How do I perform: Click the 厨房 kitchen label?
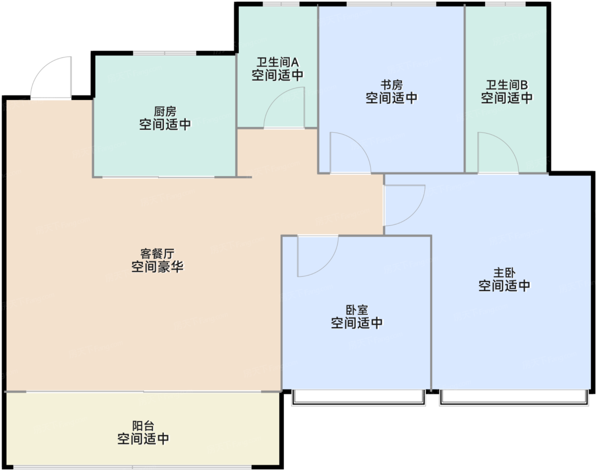(x=165, y=112)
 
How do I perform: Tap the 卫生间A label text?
(x=277, y=62)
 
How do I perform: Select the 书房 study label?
(x=391, y=85)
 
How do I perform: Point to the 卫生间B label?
(x=507, y=85)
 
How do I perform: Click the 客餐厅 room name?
(x=157, y=254)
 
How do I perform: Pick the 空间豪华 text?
(x=157, y=267)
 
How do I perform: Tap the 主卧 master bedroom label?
(x=504, y=272)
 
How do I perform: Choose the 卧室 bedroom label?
(x=356, y=310)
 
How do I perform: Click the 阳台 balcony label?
(x=143, y=425)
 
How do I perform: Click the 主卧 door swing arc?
(x=404, y=206)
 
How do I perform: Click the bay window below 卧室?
(x=358, y=397)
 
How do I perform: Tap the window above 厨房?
(x=165, y=53)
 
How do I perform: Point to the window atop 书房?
(x=391, y=4)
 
